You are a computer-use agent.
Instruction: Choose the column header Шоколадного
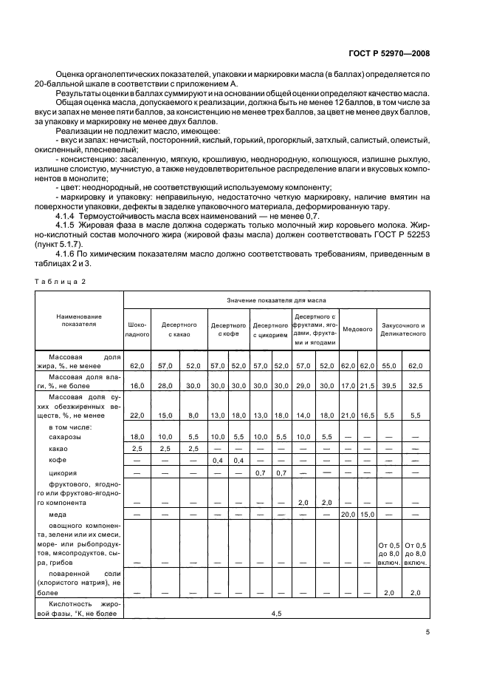(x=137, y=329)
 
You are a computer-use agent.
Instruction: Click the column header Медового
(x=358, y=329)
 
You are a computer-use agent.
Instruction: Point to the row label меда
(x=58, y=512)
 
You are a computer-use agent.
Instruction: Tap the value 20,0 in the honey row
(x=348, y=512)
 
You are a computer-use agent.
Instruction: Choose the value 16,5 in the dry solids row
(x=366, y=416)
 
